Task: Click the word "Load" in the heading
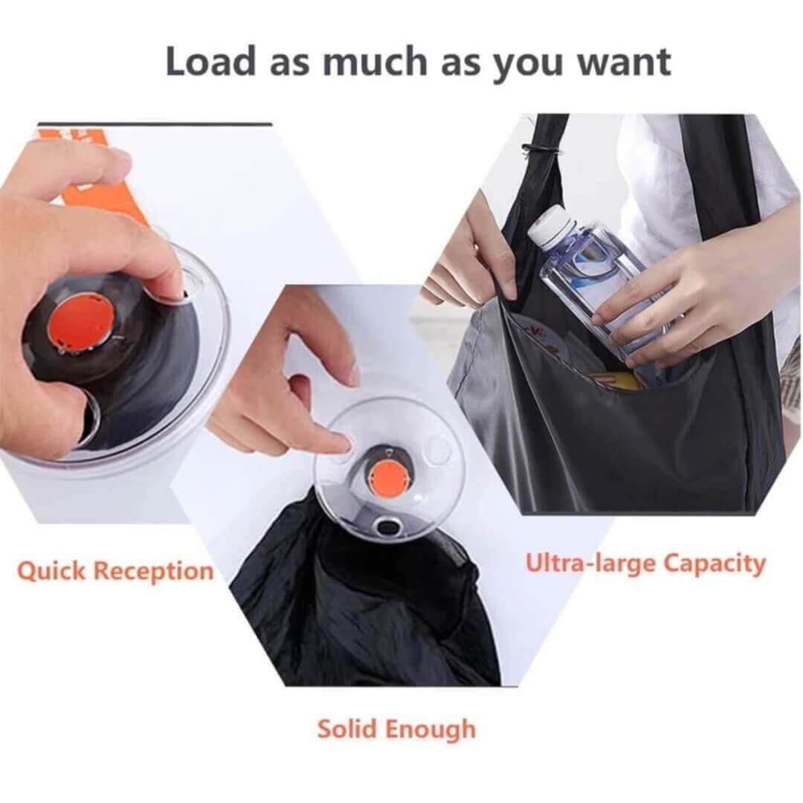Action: click(x=210, y=62)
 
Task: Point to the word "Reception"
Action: click(x=154, y=571)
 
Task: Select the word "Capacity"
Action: click(x=713, y=563)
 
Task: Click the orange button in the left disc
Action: click(x=82, y=323)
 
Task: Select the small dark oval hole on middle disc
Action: click(x=387, y=526)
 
